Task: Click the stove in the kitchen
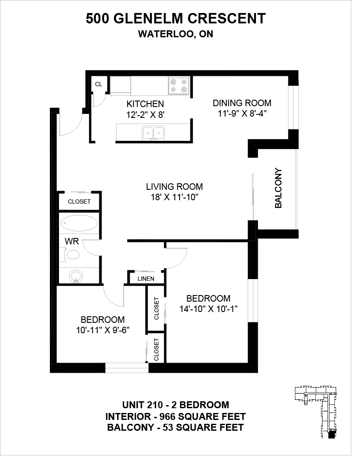[179, 86]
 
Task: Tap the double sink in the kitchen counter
[153, 133]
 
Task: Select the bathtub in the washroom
[79, 223]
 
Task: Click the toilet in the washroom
[71, 254]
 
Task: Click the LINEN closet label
[146, 279]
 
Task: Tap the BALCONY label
[278, 188]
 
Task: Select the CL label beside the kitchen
[98, 84]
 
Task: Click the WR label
[72, 241]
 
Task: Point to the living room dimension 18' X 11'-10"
[174, 197]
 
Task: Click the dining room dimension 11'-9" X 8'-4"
[242, 114]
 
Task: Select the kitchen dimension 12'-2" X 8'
[145, 114]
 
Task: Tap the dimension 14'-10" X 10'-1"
[208, 309]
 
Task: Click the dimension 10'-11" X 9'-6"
[102, 330]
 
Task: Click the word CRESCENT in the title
[227, 19]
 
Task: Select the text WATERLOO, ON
[176, 34]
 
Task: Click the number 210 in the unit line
[155, 405]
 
